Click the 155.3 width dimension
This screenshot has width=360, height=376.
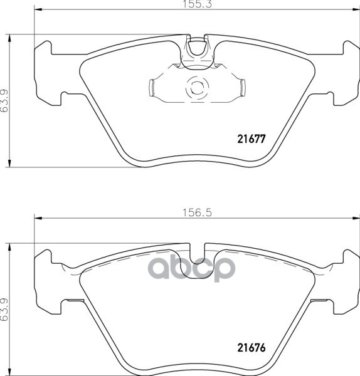coord(198,4)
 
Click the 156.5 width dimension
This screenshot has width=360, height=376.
coord(198,212)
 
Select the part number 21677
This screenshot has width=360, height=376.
coord(251,139)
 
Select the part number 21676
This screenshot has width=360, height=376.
coord(251,348)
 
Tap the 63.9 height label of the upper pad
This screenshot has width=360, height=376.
coord(4,101)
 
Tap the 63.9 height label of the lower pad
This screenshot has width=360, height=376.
coord(4,310)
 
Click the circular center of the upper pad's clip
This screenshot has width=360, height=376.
coord(197,88)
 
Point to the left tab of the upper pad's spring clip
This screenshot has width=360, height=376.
coord(152,88)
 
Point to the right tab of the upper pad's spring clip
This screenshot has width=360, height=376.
coord(243,88)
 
